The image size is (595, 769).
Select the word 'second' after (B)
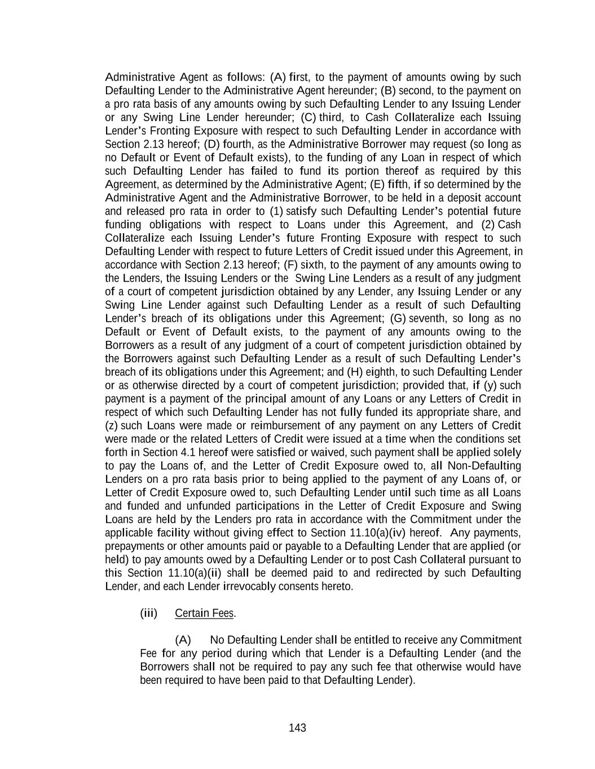pyautogui.click(x=415, y=91)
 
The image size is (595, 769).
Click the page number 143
pyautogui.click(x=297, y=728)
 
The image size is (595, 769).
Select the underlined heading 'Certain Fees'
pyautogui.click(x=204, y=613)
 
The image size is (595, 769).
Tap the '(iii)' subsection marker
pyautogui.click(x=148, y=613)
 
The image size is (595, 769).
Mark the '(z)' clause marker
pyautogui.click(x=112, y=425)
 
